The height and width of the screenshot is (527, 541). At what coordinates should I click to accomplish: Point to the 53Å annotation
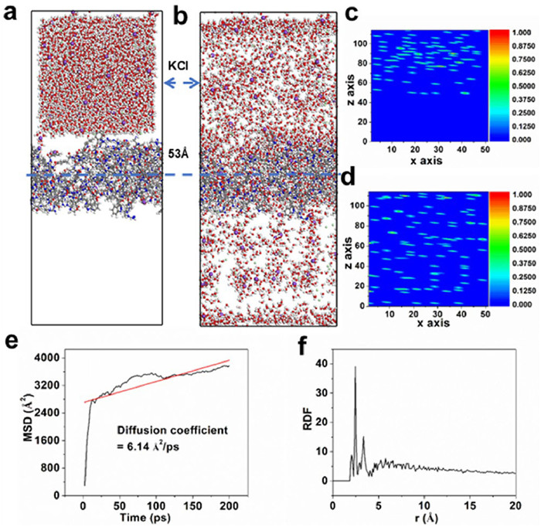click(180, 153)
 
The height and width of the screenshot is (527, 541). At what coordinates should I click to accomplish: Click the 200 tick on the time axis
click(155, 501)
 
